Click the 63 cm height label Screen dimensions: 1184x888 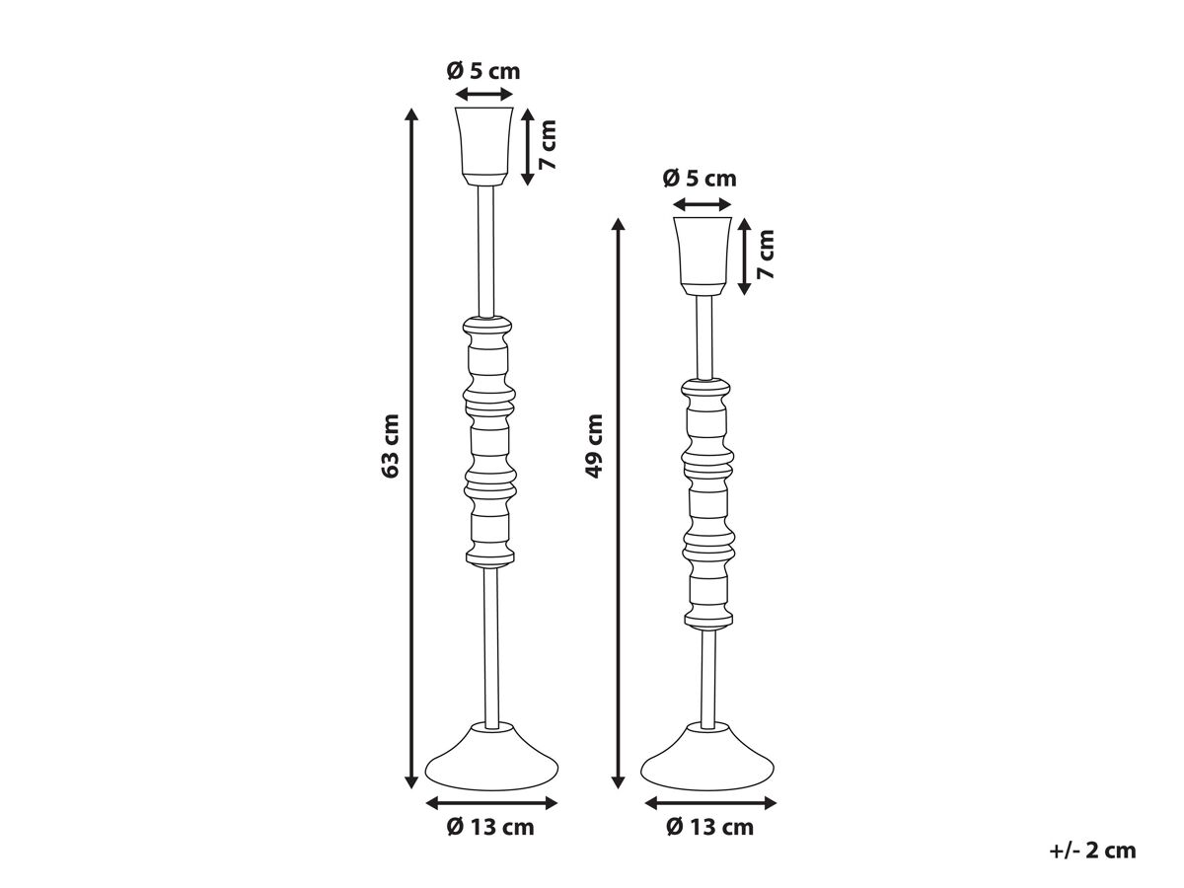[x=390, y=445]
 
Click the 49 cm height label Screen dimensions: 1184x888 [x=594, y=446]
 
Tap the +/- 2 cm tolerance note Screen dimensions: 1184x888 [x=1092, y=851]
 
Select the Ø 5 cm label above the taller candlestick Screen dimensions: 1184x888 [x=483, y=71]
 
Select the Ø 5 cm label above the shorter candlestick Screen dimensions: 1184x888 [x=700, y=179]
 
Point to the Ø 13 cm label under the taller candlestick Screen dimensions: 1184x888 [x=490, y=827]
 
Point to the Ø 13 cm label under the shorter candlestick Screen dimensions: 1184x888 [x=709, y=827]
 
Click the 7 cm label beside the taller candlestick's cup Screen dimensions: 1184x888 [x=548, y=144]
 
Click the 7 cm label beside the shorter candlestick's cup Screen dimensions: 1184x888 [x=766, y=255]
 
